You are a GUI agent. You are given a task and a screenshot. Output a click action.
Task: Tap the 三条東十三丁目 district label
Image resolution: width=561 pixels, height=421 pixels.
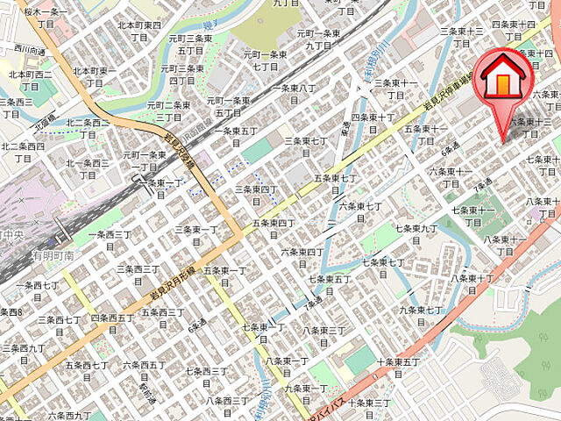pos(462,37)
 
